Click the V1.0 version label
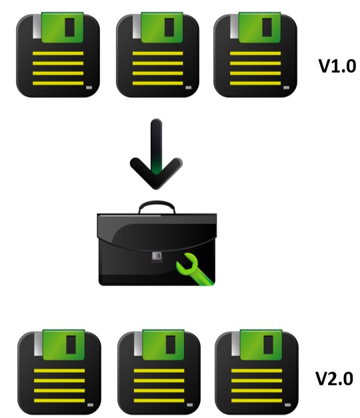(337, 66)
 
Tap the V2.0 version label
(335, 378)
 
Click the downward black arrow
(156, 155)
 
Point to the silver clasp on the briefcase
(157, 256)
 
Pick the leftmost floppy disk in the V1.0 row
(58, 55)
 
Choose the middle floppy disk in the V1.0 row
(157, 55)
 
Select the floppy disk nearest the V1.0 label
(255, 55)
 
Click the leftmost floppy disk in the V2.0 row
(59, 372)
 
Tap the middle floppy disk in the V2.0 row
(159, 372)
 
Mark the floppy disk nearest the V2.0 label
(257, 372)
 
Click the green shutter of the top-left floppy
(63, 27)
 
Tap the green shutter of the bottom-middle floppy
(163, 345)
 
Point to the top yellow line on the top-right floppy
(255, 53)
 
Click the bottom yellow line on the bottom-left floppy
(59, 401)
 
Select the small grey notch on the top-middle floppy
(189, 87)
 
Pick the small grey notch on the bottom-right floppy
(287, 405)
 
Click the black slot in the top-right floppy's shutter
(267, 27)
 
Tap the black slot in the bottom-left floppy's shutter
(71, 345)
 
